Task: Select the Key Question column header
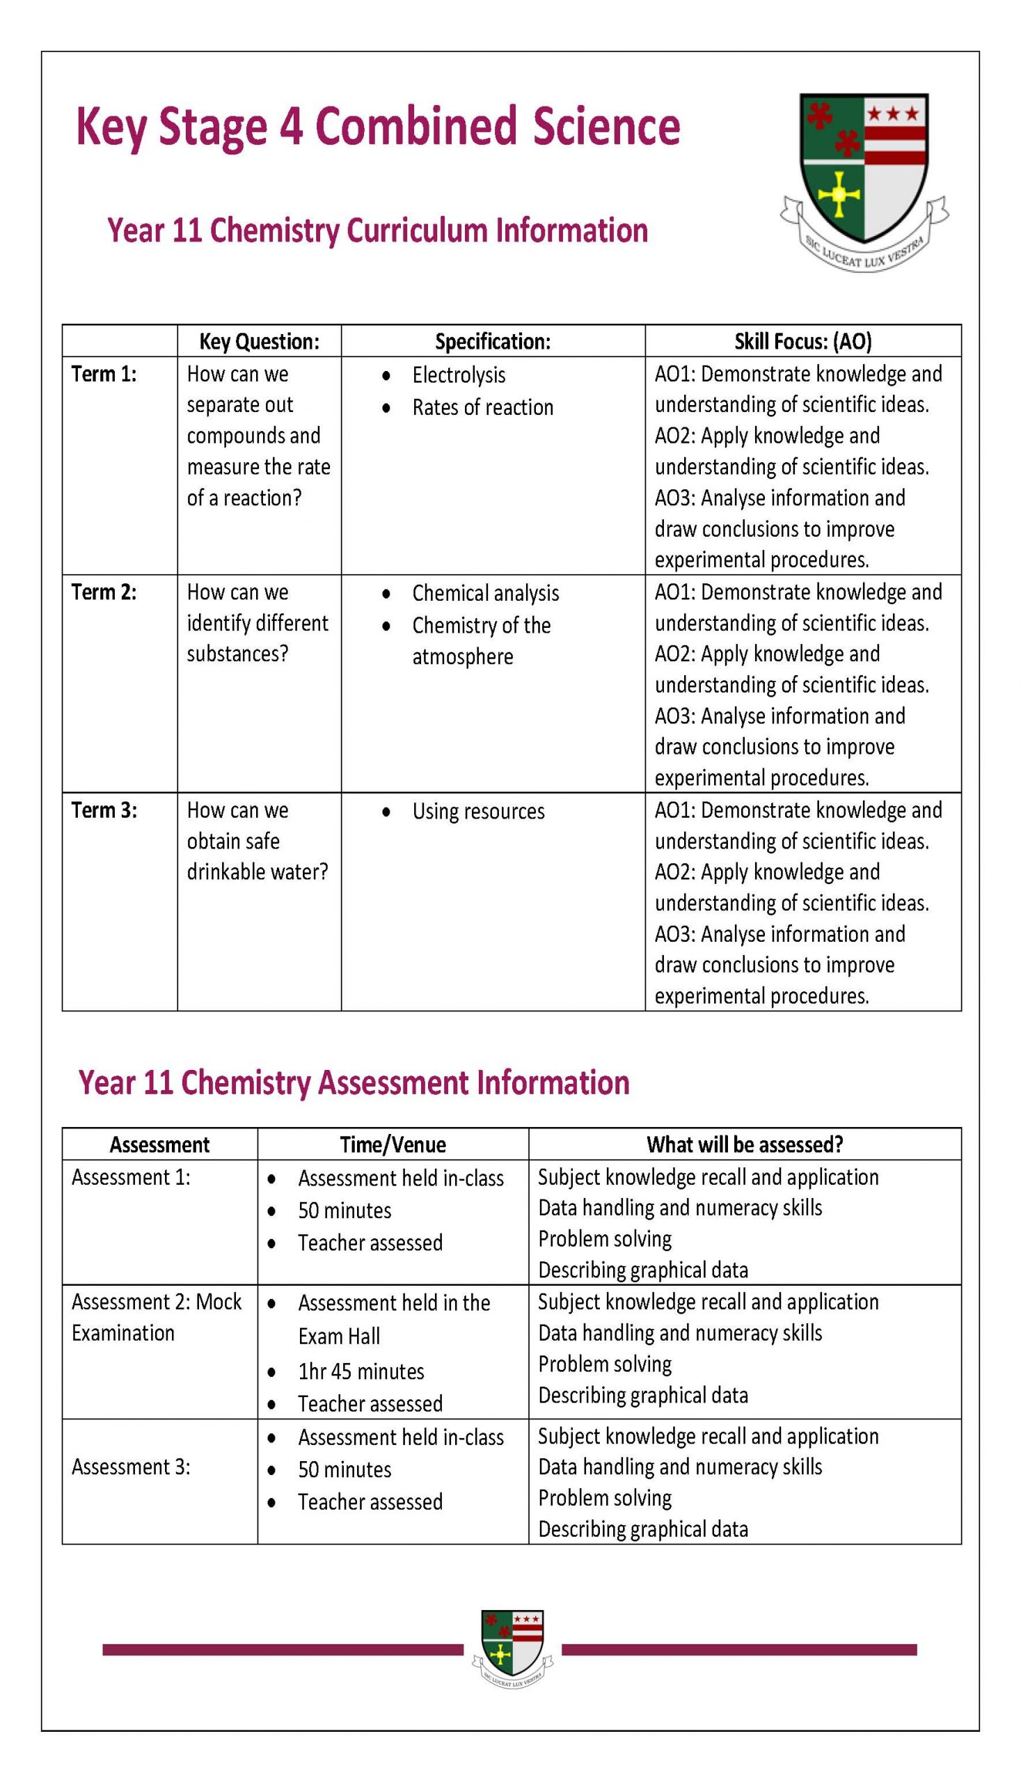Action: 259,342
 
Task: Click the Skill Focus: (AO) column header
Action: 802,342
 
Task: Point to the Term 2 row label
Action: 104,592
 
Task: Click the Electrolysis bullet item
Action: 458,374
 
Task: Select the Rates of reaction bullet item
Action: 482,407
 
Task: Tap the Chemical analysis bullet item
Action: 485,592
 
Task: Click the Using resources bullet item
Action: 477,811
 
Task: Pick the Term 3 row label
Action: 104,810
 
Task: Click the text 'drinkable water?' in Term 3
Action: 257,872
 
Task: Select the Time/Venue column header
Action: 393,1144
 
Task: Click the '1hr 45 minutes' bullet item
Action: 361,1371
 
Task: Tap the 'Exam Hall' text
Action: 339,1336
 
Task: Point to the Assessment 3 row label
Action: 130,1467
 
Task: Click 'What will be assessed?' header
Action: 744,1144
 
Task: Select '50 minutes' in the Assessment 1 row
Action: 345,1210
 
